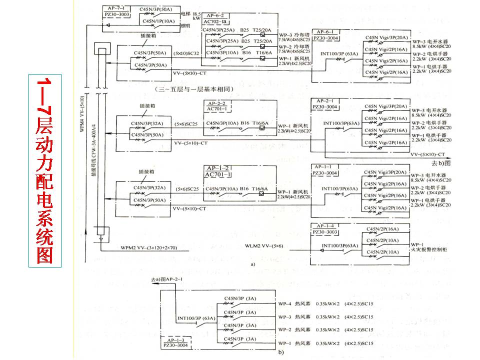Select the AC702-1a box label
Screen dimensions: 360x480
click(x=215, y=22)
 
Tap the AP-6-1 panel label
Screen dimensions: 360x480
click(x=325, y=31)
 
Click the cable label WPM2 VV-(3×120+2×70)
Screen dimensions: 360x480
click(x=148, y=247)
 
